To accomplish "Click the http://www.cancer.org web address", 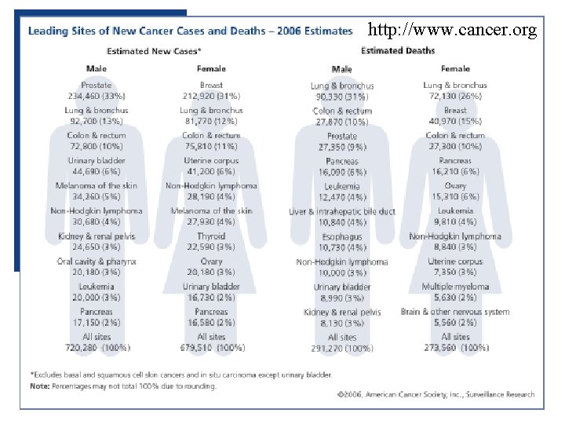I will click(x=452, y=31).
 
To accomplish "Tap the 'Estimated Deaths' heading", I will click(x=398, y=50).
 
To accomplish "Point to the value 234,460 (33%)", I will click(x=96, y=95).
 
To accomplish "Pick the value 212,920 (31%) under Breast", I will click(x=210, y=95).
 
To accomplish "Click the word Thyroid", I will click(x=210, y=236).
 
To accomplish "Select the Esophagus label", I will click(x=342, y=236).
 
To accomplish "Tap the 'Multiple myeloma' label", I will click(x=455, y=287).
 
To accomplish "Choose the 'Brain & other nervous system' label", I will click(x=455, y=312).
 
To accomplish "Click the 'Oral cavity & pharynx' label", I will click(x=96, y=261).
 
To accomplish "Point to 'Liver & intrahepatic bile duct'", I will click(x=342, y=211).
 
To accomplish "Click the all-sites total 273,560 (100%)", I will click(x=455, y=346).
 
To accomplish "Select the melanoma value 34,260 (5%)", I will click(x=96, y=196).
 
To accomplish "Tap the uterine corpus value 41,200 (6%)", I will click(x=210, y=170).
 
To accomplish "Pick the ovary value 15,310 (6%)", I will click(x=455, y=196).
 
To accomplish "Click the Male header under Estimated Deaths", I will click(x=342, y=69).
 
